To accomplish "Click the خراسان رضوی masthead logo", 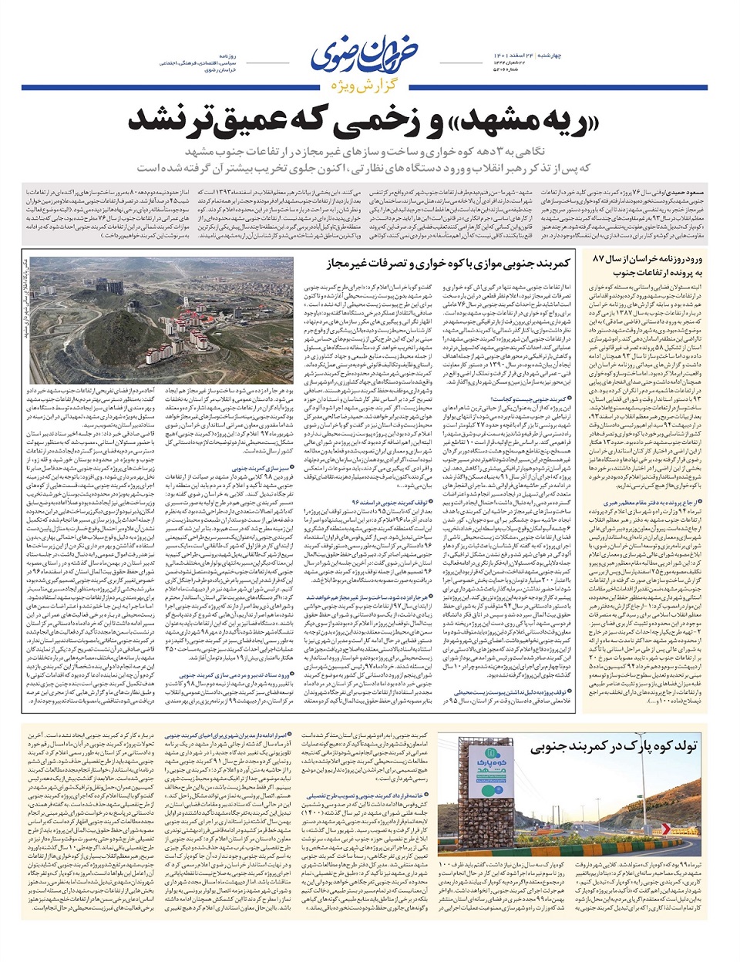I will click(x=371, y=52).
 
